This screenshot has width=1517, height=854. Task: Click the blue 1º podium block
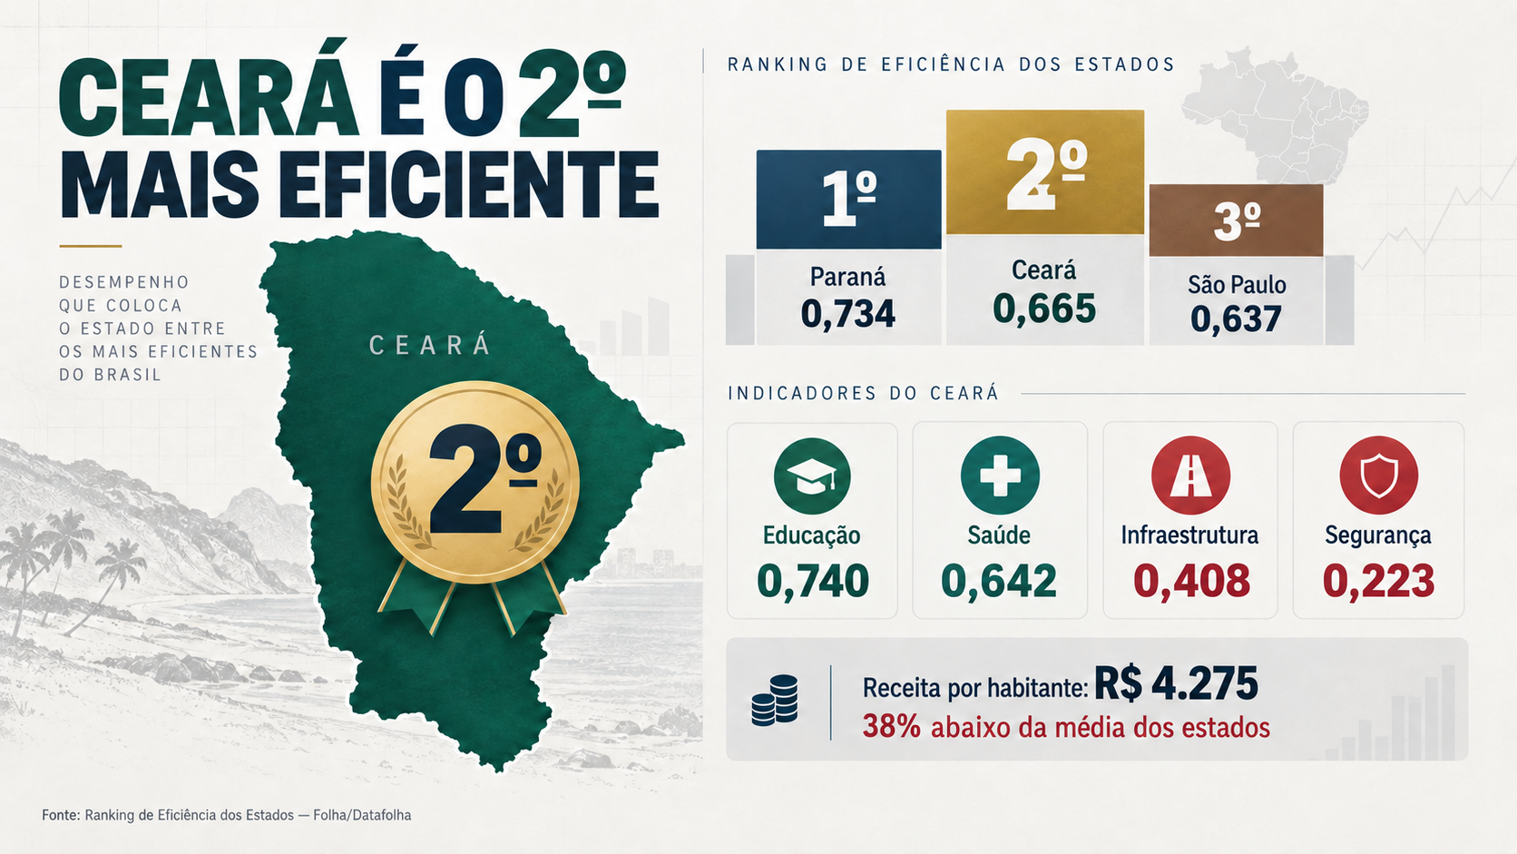tap(848, 199)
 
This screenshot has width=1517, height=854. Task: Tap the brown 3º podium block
tap(1236, 221)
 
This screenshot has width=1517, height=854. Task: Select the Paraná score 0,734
tap(848, 314)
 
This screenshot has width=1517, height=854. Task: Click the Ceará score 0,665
tap(1044, 309)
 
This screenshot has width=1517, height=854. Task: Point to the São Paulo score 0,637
tap(1236, 319)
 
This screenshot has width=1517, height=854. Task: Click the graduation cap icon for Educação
tap(812, 476)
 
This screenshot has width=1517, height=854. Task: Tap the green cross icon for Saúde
tap(1000, 475)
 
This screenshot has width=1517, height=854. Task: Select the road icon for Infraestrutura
tap(1190, 475)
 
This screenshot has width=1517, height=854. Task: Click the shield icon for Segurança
tap(1379, 475)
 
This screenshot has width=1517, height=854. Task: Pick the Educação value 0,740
tap(813, 581)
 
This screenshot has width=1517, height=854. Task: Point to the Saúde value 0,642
tap(999, 581)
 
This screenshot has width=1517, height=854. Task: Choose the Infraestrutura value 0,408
tap(1192, 581)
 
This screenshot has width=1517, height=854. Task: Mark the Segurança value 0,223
tap(1379, 581)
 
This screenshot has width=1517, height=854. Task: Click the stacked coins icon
tap(775, 701)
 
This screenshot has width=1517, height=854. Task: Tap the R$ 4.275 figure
tap(1176, 683)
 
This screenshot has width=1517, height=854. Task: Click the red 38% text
tap(891, 727)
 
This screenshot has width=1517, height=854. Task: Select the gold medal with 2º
tap(475, 482)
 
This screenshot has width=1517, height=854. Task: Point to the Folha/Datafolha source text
tap(362, 815)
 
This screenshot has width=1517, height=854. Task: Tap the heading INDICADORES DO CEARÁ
tap(864, 394)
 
